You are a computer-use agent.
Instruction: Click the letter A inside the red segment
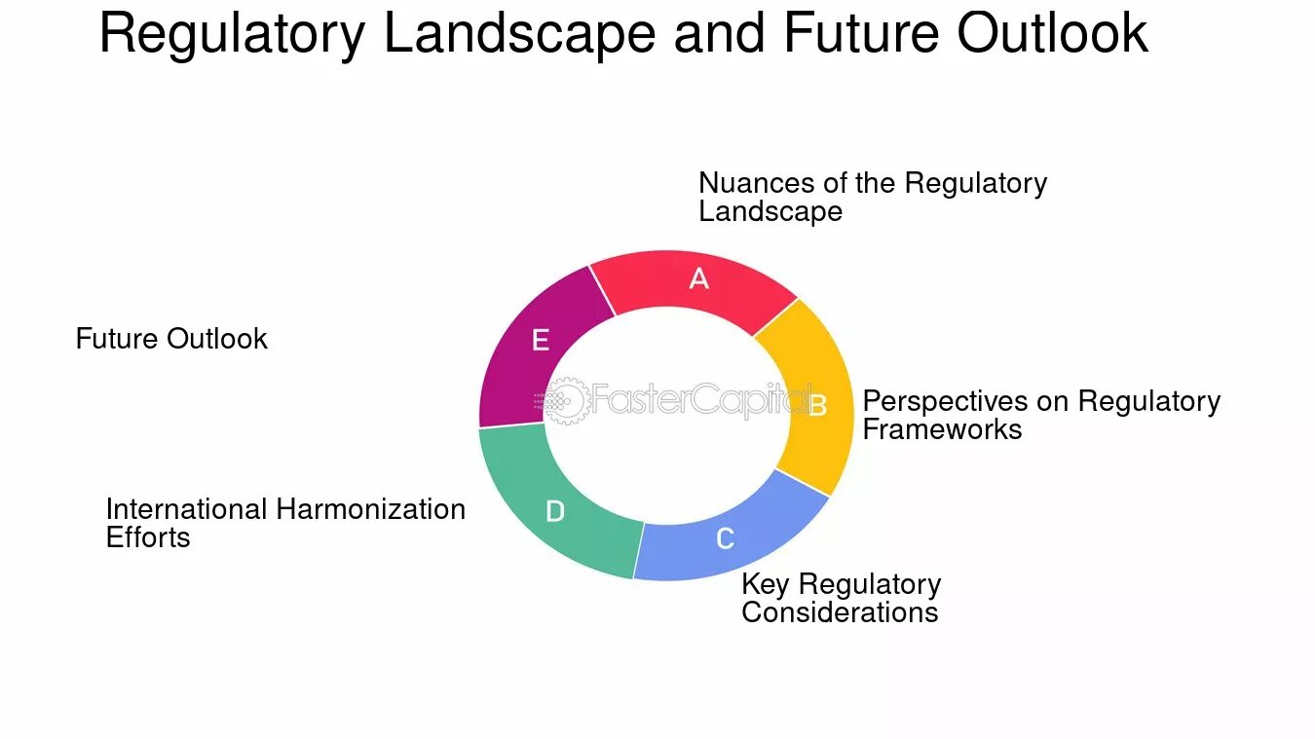[x=698, y=279]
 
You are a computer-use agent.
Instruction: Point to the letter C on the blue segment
[x=725, y=538]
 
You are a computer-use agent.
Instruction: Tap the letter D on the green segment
[x=554, y=511]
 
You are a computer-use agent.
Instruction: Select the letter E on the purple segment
[x=541, y=340]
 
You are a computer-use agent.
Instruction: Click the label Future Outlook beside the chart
[x=171, y=339]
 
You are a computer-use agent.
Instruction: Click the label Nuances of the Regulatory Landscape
[x=872, y=197]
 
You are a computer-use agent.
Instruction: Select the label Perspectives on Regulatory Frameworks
[x=1040, y=415]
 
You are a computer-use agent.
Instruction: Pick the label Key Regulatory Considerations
[x=841, y=598]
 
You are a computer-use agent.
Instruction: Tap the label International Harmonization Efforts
[x=284, y=523]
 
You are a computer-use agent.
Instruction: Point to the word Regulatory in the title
[x=232, y=34]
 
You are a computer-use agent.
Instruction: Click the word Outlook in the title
[x=1052, y=34]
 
